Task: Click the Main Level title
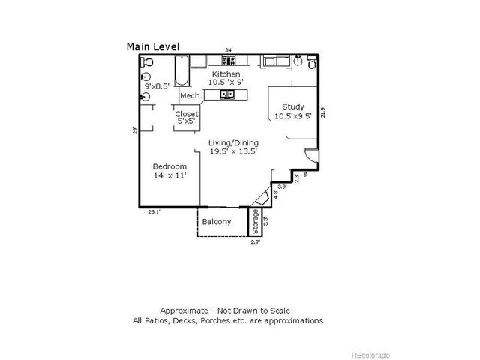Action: (x=152, y=46)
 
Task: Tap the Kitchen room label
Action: (x=226, y=74)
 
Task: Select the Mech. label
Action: (x=190, y=96)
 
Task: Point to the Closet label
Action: (x=187, y=114)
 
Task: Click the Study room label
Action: (x=292, y=106)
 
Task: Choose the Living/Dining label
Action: (x=233, y=142)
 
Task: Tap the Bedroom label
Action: (x=169, y=166)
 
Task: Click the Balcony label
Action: (x=217, y=222)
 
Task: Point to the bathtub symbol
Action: (x=181, y=71)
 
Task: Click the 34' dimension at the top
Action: (x=229, y=50)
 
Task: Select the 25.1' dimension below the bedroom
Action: (x=154, y=212)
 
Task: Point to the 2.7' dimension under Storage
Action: (x=255, y=241)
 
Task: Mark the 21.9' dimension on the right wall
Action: (x=323, y=112)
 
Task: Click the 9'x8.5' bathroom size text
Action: (x=156, y=86)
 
